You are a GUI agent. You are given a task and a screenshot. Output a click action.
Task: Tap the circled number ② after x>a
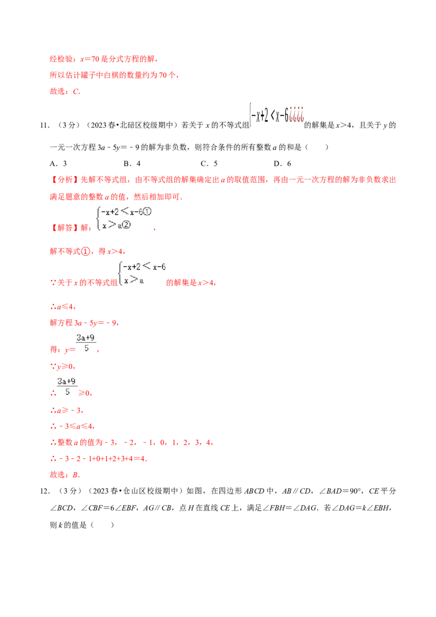(128, 225)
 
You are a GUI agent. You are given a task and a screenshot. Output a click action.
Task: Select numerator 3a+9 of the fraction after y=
(86, 338)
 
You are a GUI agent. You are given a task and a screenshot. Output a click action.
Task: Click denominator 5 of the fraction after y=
(86, 348)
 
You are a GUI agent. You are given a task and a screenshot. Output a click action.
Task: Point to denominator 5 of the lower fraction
(68, 391)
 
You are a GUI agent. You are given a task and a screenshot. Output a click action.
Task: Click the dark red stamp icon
(296, 113)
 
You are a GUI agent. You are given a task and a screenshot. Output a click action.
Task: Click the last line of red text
(65, 475)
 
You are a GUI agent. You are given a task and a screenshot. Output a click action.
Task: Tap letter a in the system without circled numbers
(141, 280)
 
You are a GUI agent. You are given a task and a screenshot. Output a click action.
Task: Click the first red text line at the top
(104, 59)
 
